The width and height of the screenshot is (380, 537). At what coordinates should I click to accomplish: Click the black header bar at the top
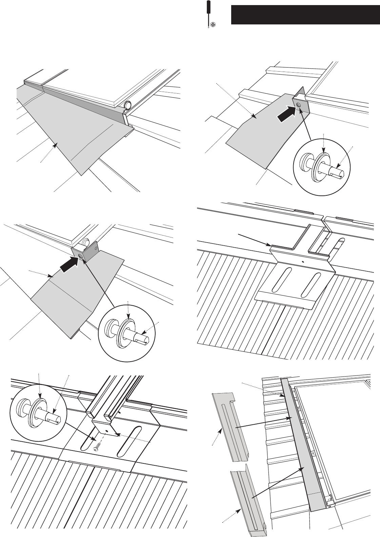(x=305, y=15)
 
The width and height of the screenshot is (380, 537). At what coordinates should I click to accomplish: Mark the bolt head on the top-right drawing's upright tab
(x=298, y=105)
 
